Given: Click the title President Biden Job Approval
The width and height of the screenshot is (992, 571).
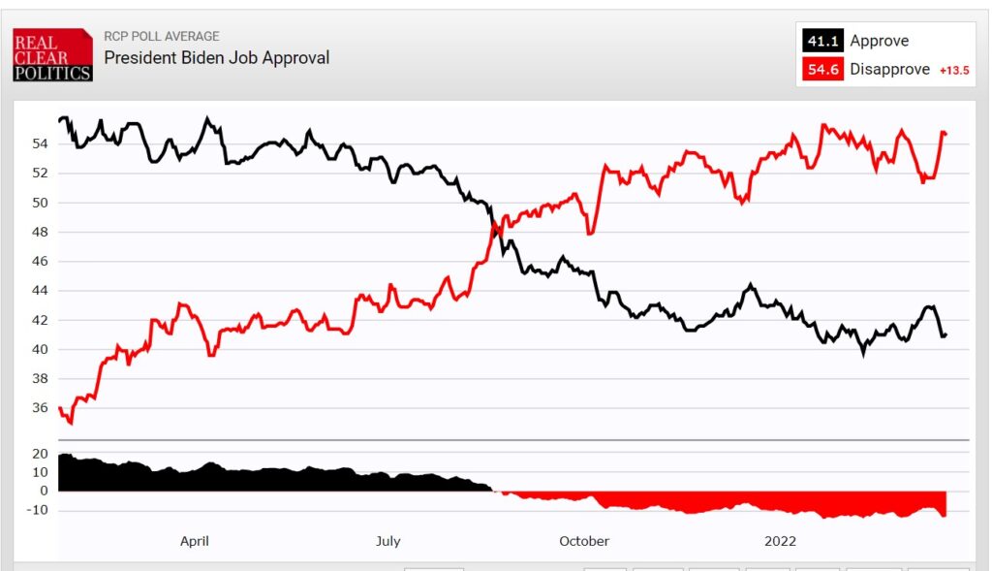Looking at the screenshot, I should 216,58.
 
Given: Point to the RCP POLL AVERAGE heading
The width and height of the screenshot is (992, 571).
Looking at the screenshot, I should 161,37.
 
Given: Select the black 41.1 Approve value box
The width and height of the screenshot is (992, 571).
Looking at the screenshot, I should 821,41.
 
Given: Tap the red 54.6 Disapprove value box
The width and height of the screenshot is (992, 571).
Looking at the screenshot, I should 821,69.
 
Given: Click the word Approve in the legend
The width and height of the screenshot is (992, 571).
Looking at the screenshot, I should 879,41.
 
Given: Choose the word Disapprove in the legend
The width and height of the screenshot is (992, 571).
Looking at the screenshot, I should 889,69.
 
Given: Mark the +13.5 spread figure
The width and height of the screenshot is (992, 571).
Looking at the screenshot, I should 954,70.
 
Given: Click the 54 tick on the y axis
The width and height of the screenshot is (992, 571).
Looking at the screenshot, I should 41,143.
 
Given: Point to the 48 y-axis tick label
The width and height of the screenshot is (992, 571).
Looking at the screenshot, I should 41,232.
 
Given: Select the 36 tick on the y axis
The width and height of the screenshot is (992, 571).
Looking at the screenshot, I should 41,408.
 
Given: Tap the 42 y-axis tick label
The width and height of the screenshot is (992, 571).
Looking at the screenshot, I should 41,320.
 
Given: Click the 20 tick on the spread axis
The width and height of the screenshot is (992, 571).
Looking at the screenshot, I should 41,454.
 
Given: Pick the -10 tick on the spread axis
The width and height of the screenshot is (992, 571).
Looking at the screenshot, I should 38,510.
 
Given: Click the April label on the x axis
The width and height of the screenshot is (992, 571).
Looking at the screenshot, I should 195,541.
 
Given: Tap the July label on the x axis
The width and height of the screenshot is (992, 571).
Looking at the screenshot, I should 387,541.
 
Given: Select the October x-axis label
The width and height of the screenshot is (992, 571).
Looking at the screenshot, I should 584,541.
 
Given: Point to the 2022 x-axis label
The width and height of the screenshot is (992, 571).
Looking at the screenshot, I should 780,541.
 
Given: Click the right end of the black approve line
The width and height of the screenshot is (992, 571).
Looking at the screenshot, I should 945,335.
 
